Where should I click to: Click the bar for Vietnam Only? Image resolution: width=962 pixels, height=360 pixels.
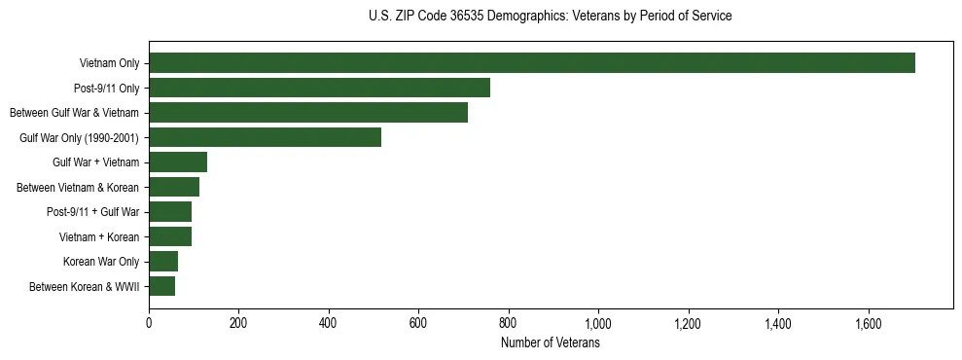[531, 63]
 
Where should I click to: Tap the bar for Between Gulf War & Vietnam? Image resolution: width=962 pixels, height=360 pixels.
[308, 113]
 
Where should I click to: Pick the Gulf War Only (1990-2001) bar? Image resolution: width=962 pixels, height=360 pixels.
[265, 137]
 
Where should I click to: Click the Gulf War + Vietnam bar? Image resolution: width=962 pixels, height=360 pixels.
[178, 162]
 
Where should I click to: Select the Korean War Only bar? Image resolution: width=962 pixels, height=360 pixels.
[163, 261]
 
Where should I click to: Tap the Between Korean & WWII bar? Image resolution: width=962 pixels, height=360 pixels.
[161, 286]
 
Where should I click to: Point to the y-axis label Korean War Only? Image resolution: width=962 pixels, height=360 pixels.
[101, 262]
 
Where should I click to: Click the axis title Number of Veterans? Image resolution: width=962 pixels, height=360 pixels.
[550, 342]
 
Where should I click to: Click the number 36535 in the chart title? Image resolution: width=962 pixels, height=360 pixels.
[464, 17]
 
